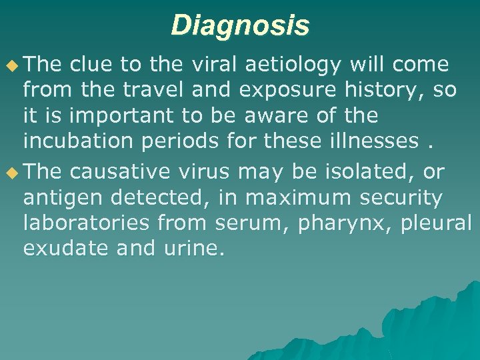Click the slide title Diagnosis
pos(240,25)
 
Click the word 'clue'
pos(91,65)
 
